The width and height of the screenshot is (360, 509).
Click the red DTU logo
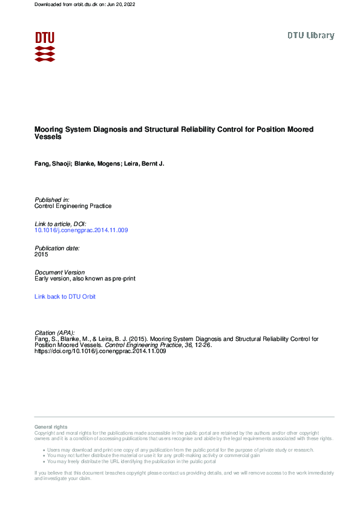(45, 47)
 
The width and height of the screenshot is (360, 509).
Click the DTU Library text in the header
(310, 36)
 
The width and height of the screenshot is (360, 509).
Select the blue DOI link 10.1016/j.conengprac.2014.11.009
(81, 230)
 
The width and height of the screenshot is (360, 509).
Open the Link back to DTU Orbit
(65, 296)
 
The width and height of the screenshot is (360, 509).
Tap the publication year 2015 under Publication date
(41, 254)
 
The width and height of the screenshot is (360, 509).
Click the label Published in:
(52, 199)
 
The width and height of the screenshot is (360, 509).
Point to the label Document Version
(60, 273)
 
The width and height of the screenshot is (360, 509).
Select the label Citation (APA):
(55, 332)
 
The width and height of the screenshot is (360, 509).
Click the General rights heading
(51, 427)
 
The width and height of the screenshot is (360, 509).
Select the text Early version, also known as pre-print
(85, 279)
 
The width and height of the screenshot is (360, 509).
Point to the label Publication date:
(57, 248)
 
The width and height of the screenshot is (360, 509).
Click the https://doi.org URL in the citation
(100, 351)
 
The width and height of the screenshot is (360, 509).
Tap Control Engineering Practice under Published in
(73, 206)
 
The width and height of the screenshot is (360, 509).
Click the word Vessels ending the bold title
(48, 137)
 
